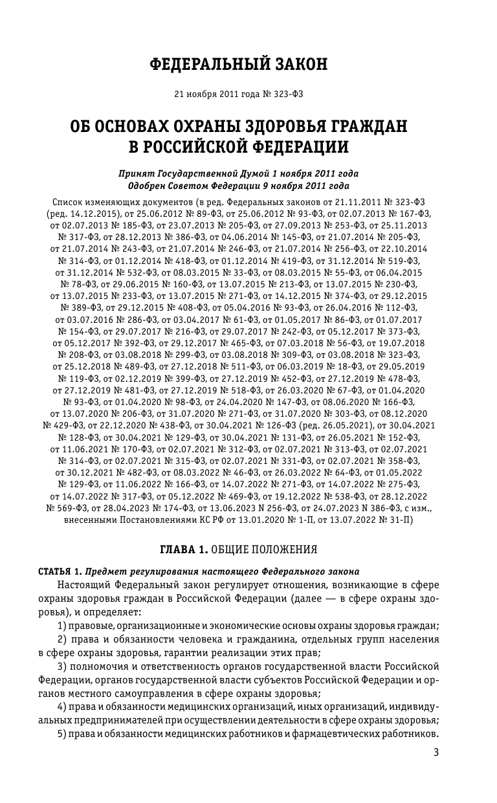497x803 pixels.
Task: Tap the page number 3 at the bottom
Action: point(436,753)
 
